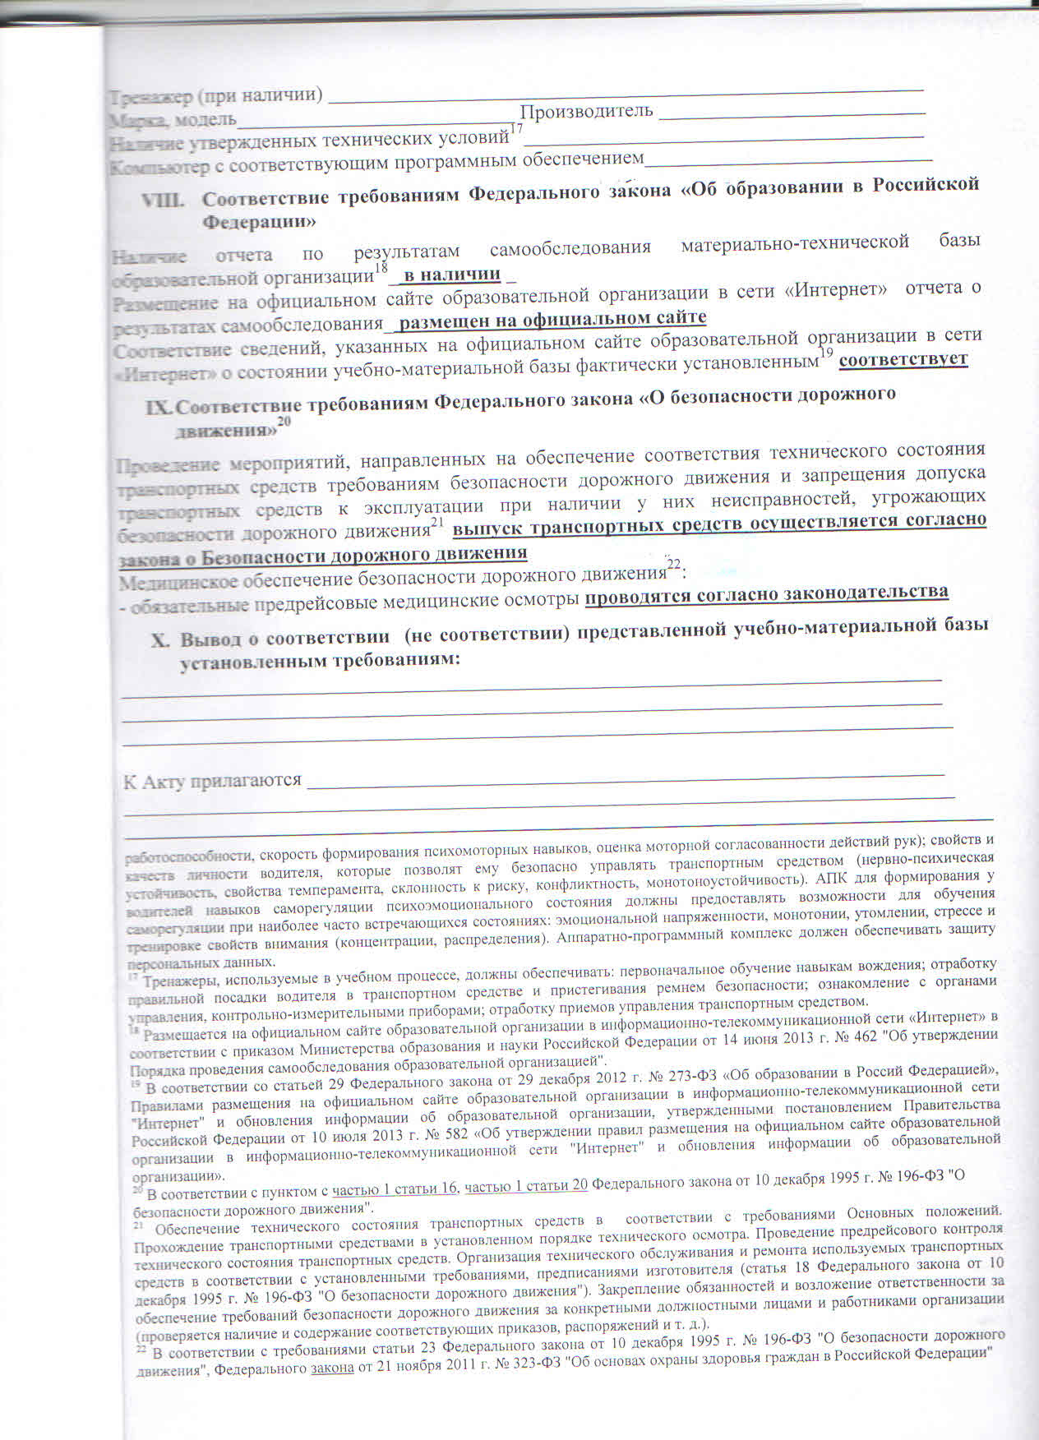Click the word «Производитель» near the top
pos(587,111)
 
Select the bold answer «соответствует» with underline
pos(903,360)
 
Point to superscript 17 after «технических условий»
pos(516,128)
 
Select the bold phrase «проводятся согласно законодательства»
pos(766,593)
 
